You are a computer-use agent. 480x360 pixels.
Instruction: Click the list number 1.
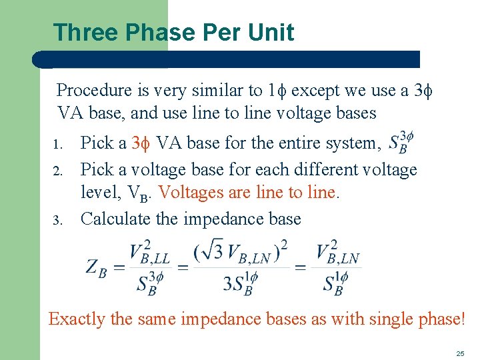[59, 145]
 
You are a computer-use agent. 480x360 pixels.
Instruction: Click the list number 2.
[59, 171]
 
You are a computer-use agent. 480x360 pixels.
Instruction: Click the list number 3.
[59, 220]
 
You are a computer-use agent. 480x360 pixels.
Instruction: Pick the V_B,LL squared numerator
[149, 253]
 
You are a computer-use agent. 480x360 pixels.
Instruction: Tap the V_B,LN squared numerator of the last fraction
[337, 253]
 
